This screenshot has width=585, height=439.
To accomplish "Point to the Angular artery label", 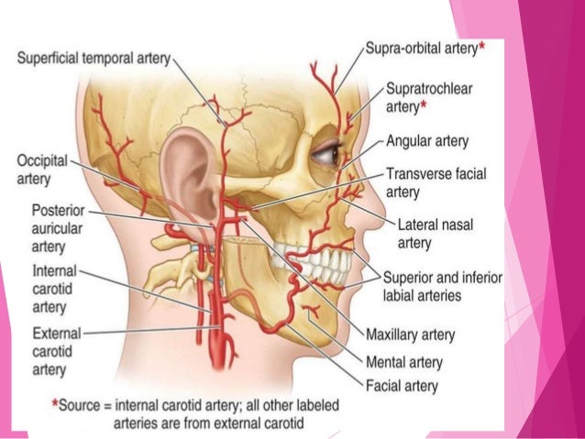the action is (x=427, y=142).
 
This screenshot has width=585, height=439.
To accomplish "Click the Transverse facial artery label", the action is (x=435, y=182).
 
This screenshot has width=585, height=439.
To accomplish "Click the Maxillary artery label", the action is (x=410, y=335).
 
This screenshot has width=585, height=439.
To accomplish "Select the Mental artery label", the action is (x=403, y=362).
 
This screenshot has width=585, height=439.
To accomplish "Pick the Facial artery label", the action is (x=402, y=386).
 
